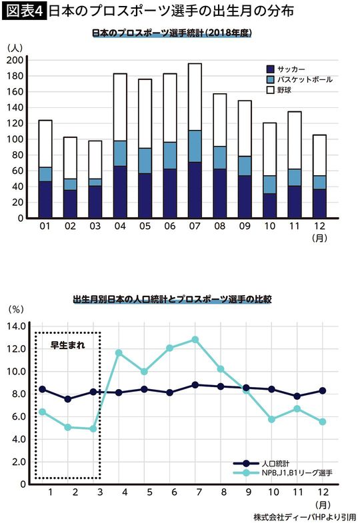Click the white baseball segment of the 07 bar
click(195, 102)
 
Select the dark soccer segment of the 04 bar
click(120, 192)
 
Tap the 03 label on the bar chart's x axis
click(95, 227)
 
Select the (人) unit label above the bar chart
click(15, 47)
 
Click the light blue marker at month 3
click(94, 428)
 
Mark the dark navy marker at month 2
click(69, 399)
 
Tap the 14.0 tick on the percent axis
click(16, 326)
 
